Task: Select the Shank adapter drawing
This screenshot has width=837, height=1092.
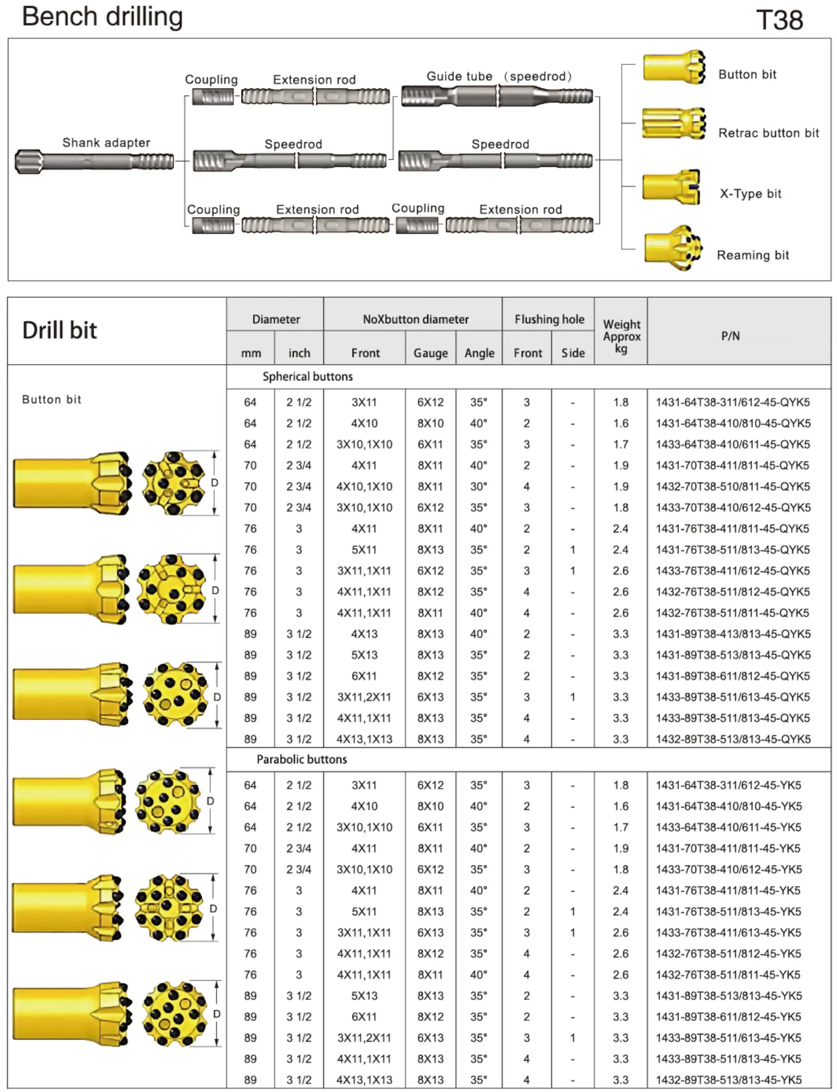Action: click(x=94, y=161)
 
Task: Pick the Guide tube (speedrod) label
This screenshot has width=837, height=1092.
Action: click(x=499, y=76)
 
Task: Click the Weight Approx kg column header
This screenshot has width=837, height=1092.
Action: click(x=621, y=336)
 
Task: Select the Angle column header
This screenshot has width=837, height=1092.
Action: click(x=479, y=353)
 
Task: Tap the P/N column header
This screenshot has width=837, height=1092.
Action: click(x=730, y=336)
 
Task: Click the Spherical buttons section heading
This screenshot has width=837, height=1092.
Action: click(x=308, y=377)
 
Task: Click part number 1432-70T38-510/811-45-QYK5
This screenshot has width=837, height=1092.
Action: click(x=732, y=486)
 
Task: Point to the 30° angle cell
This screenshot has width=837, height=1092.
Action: click(x=478, y=486)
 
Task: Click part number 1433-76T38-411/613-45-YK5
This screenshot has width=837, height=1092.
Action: click(x=728, y=933)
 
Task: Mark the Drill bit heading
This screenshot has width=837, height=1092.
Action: click(x=60, y=331)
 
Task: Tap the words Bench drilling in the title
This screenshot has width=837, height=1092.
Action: click(x=103, y=16)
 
